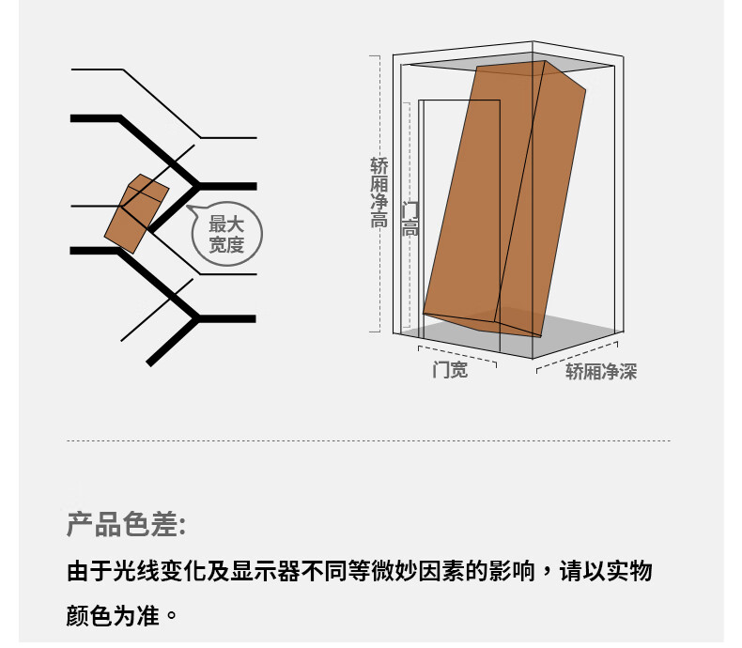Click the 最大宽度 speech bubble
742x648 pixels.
pyautogui.click(x=227, y=234)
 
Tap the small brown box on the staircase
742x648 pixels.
pyautogui.click(x=136, y=214)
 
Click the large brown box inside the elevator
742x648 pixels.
pyautogui.click(x=504, y=199)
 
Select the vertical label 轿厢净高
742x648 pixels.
pyautogui.click(x=379, y=193)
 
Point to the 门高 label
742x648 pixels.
pyautogui.click(x=410, y=219)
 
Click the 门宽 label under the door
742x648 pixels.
pyautogui.click(x=450, y=369)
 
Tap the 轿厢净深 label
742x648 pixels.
pyautogui.click(x=601, y=371)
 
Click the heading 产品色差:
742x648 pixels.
pyautogui.click(x=127, y=524)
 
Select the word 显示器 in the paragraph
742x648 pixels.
pyautogui.click(x=266, y=571)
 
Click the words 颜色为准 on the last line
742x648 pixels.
pyautogui.click(x=113, y=615)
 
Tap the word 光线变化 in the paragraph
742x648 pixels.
pyautogui.click(x=160, y=571)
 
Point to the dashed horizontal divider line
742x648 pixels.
pyautogui.click(x=368, y=440)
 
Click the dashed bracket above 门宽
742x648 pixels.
pyautogui.click(x=457, y=356)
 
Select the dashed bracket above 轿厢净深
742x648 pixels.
pyautogui.click(x=577, y=357)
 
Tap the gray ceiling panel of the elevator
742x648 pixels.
pyautogui.click(x=511, y=63)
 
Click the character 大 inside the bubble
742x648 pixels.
pyautogui.click(x=235, y=224)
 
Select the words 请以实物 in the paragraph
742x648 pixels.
pyautogui.click(x=606, y=571)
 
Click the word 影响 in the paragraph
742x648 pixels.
pyautogui.click(x=513, y=571)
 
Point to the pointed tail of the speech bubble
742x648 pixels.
pyautogui.click(x=188, y=207)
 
